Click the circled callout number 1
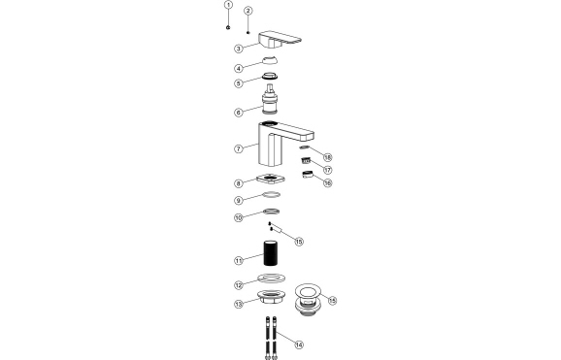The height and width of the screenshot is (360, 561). click(227, 5)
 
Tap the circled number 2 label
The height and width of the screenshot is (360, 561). click(248, 12)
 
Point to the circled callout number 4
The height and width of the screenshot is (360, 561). click(239, 68)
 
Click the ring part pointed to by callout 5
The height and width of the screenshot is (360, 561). click(275, 79)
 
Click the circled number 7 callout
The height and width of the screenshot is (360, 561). click(239, 148)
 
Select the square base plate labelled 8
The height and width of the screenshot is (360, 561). click(275, 180)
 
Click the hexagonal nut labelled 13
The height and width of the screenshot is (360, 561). click(298, 344)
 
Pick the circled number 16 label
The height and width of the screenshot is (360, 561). click(328, 169)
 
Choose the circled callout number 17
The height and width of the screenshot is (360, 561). click(328, 156)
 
